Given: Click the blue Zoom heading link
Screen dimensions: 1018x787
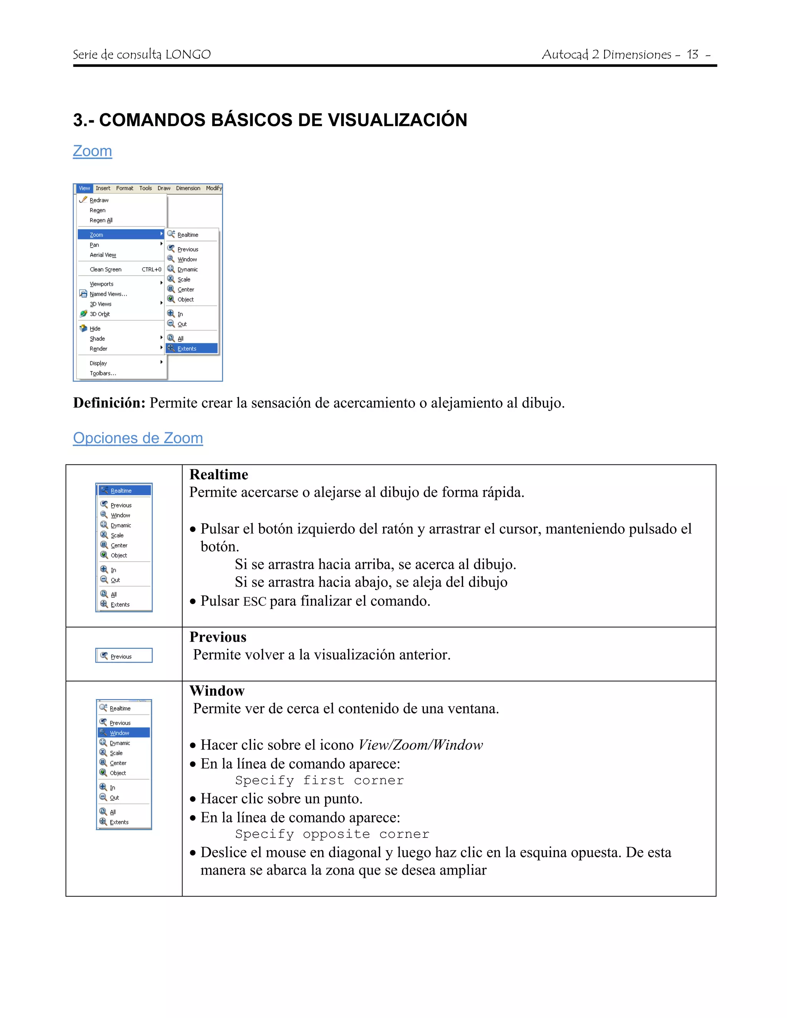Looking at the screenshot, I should click(92, 151).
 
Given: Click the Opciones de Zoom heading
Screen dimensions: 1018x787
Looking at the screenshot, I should click(138, 438).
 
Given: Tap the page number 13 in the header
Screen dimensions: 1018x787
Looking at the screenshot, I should click(692, 55).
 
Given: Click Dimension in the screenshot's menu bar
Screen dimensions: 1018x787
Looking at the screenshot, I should click(188, 188).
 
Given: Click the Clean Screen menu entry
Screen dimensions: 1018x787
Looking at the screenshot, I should click(106, 269).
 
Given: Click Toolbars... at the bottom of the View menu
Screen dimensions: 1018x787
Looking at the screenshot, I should click(103, 373).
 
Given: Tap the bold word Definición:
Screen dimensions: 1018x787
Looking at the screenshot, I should click(110, 403).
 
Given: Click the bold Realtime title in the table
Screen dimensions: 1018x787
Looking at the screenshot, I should click(219, 474).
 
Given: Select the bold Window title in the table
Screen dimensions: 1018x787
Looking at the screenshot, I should click(217, 691).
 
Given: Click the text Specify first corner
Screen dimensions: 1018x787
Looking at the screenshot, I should click(319, 780).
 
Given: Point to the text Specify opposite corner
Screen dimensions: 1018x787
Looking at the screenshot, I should click(332, 834).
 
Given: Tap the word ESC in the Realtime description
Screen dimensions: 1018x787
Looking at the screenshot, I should click(254, 602).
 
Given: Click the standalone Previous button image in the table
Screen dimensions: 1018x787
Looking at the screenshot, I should click(124, 656).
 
